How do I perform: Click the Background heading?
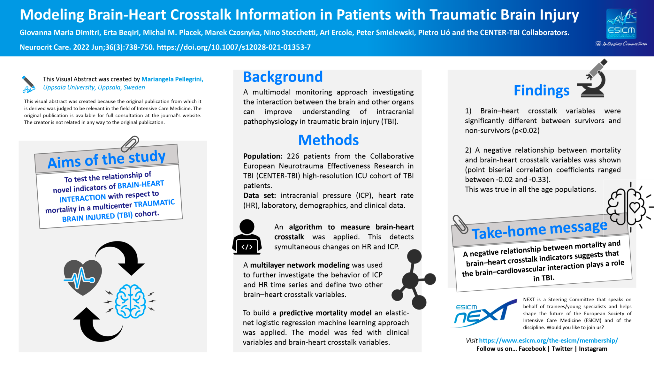tap(283, 77)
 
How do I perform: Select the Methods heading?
tap(328, 140)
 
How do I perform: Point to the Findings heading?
tap(541, 90)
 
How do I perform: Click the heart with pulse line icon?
tap(83, 277)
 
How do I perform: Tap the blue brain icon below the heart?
tap(130, 301)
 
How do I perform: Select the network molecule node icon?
tap(413, 279)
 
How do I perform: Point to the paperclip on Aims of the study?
tap(130, 143)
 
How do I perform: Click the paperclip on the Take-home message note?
tap(460, 224)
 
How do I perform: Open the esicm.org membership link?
tap(548, 341)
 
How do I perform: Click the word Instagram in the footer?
tap(593, 349)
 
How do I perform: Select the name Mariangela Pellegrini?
tap(172, 79)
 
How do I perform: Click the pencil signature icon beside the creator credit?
tap(28, 84)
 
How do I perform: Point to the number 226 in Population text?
tap(293, 156)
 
